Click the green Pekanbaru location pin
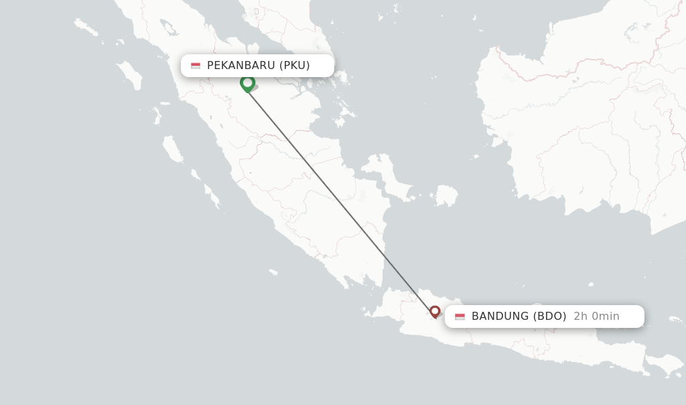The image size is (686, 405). [x=247, y=83]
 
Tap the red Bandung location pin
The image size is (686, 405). [x=435, y=311]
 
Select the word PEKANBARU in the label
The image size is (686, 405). [x=241, y=65]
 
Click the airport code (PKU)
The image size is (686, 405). [x=295, y=65]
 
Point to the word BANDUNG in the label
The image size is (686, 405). [x=500, y=316]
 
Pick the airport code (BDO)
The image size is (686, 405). [x=549, y=316]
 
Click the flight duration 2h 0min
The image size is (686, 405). [x=596, y=316]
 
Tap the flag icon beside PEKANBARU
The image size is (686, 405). [x=196, y=66]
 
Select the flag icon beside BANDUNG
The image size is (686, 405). [x=460, y=316]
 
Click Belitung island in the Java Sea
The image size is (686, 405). [x=445, y=196]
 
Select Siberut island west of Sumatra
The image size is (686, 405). [x=172, y=149]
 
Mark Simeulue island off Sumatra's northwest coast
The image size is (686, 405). [x=86, y=27]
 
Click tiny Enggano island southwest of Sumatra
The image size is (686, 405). [x=273, y=272]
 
